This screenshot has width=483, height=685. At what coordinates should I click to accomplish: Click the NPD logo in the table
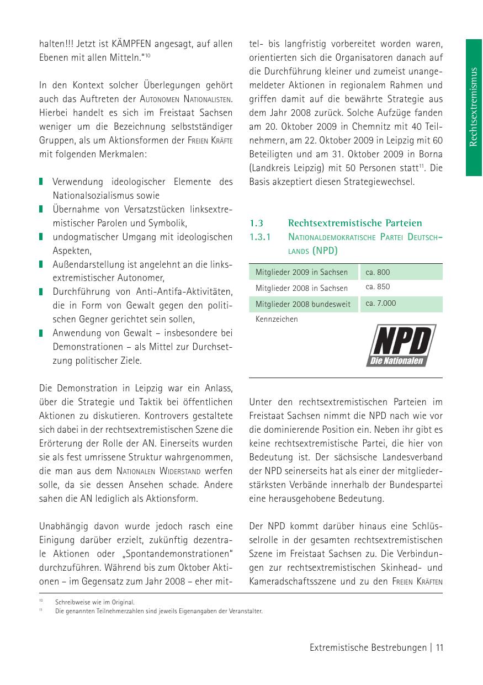401,346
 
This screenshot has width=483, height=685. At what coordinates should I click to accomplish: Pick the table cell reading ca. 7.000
380,304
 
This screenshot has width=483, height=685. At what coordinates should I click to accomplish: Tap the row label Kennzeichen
277,319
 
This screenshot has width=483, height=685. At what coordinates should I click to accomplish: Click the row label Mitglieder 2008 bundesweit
303,304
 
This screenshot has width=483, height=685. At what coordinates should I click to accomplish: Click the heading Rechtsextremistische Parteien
355,223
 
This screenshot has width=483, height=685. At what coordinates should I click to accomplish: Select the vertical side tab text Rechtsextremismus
473,107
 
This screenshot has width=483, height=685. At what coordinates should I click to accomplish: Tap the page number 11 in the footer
439,647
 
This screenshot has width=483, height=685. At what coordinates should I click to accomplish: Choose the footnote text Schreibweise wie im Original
95,602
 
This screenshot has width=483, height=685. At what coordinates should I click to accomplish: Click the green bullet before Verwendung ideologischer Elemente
41,182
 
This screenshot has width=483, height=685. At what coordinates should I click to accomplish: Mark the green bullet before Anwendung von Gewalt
41,333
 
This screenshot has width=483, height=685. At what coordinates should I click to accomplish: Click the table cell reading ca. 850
378,287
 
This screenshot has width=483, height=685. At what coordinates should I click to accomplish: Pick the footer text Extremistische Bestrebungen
368,647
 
